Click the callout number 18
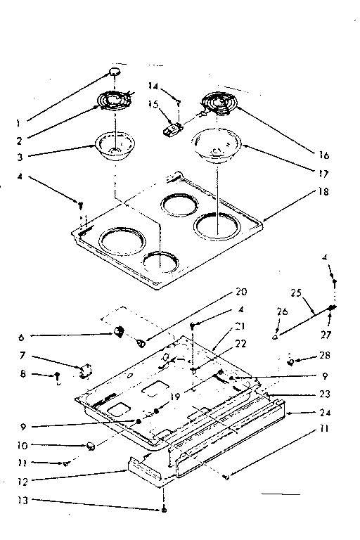click(x=324, y=191)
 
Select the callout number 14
click(x=153, y=86)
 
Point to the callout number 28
click(x=324, y=356)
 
